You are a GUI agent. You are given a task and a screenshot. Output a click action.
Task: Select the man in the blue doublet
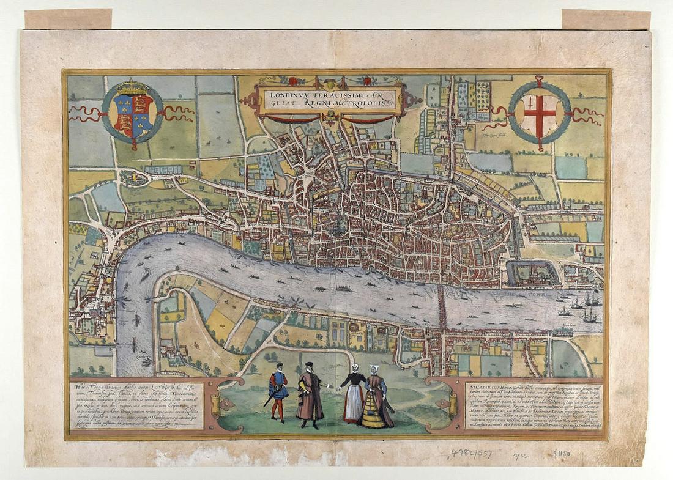point(279,390)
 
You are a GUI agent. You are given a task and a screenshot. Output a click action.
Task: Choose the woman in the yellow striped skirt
point(376,401)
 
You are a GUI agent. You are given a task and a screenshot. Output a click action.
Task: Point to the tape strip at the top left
point(68,19)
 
